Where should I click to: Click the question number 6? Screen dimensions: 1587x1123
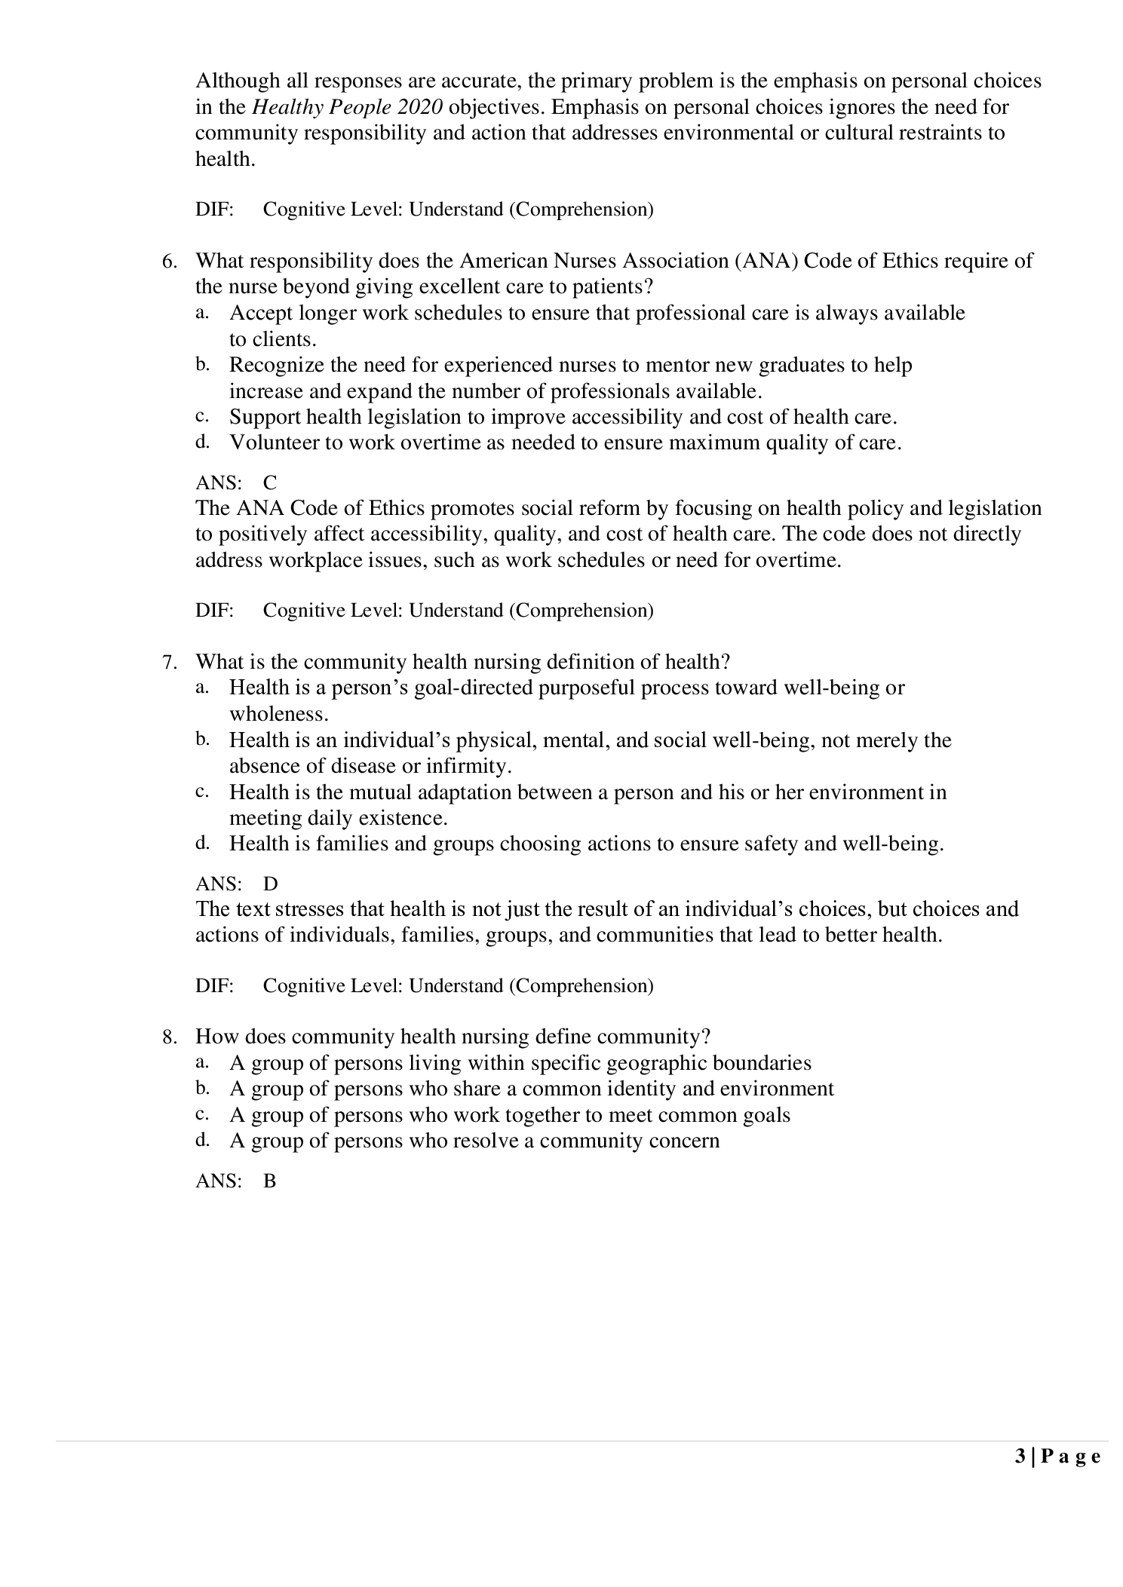(169, 262)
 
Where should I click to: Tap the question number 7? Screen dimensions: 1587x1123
(169, 663)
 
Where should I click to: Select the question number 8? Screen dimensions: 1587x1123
(169, 1037)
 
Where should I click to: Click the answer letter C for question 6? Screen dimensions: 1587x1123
(270, 483)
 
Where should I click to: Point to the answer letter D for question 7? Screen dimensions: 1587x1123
(270, 884)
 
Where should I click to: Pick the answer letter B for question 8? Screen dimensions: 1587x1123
(270, 1181)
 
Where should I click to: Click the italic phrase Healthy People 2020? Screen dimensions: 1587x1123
(347, 107)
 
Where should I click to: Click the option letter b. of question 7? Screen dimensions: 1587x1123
(202, 740)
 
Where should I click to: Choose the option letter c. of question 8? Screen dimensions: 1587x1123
(202, 1114)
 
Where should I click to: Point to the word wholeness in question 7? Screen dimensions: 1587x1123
(277, 714)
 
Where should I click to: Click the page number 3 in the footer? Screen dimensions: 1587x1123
(1020, 1457)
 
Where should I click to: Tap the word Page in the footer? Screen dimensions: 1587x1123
(1071, 1457)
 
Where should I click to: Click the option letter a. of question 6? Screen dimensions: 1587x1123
(202, 311)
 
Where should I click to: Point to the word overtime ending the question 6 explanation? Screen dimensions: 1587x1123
(798, 561)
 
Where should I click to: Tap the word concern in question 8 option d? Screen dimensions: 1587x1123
(683, 1141)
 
